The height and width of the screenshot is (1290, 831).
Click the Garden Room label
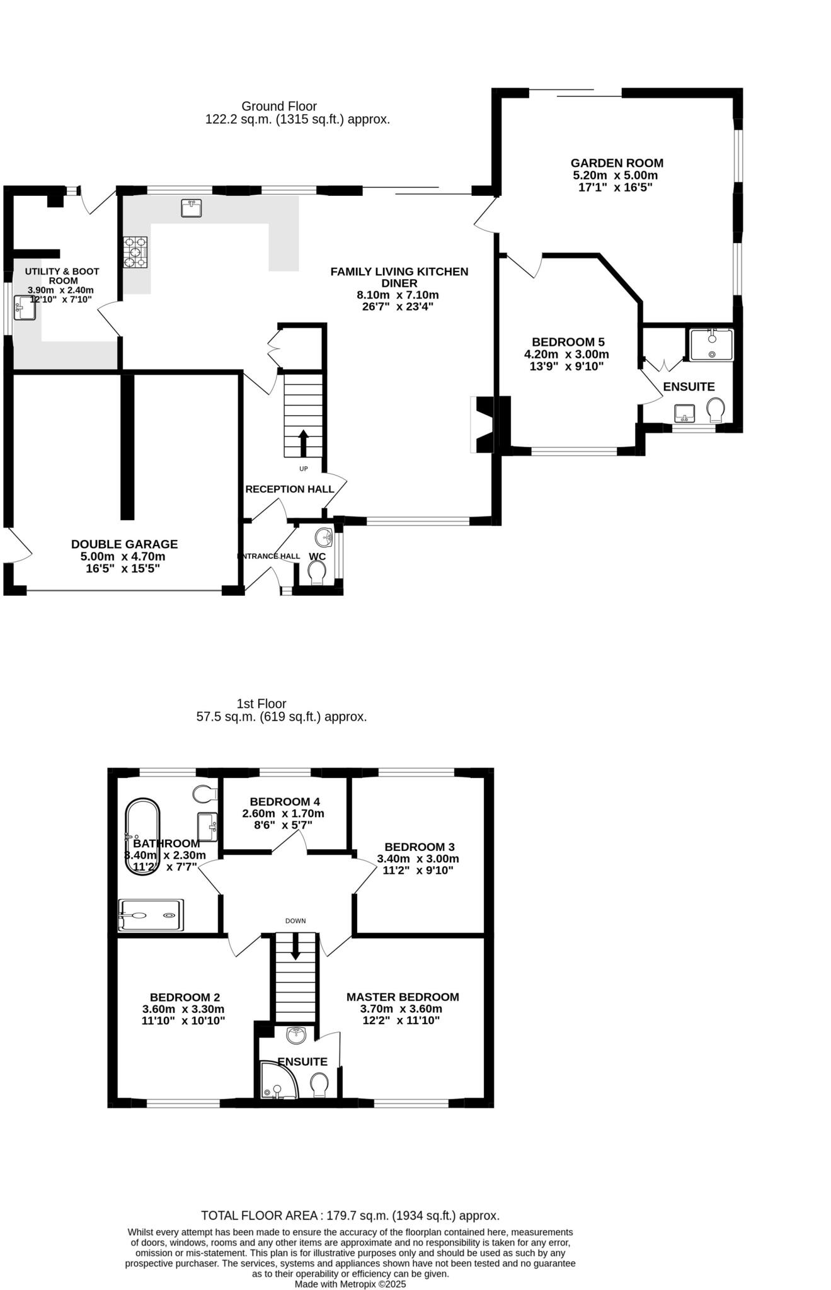(x=616, y=163)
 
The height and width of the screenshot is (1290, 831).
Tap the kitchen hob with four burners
(x=135, y=252)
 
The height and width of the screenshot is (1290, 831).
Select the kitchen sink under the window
(x=191, y=208)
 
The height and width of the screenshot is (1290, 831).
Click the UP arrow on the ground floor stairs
(x=303, y=443)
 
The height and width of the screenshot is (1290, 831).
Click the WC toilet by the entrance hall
(x=317, y=572)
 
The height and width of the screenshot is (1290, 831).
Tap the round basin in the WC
(x=324, y=537)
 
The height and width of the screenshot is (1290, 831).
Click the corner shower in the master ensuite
(x=277, y=1082)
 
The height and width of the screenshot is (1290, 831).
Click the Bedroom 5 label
(x=568, y=342)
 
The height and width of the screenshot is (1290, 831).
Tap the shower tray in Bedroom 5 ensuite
(x=712, y=345)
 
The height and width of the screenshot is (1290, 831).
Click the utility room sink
(x=25, y=307)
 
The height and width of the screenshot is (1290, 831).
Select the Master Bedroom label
(x=403, y=997)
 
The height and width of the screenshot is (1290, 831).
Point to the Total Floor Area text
(x=350, y=1216)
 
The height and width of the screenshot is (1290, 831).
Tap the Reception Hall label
(x=289, y=489)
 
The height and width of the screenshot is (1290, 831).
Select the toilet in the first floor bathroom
(x=203, y=794)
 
